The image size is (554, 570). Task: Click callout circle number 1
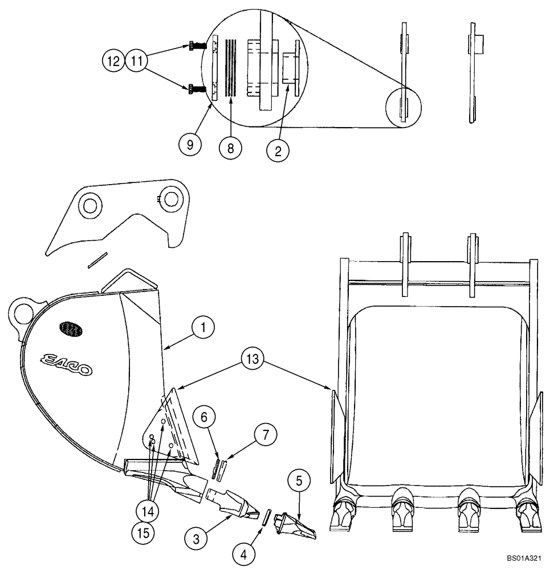[203, 328]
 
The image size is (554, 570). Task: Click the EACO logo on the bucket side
[63, 363]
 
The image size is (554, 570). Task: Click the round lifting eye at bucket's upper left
[23, 311]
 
